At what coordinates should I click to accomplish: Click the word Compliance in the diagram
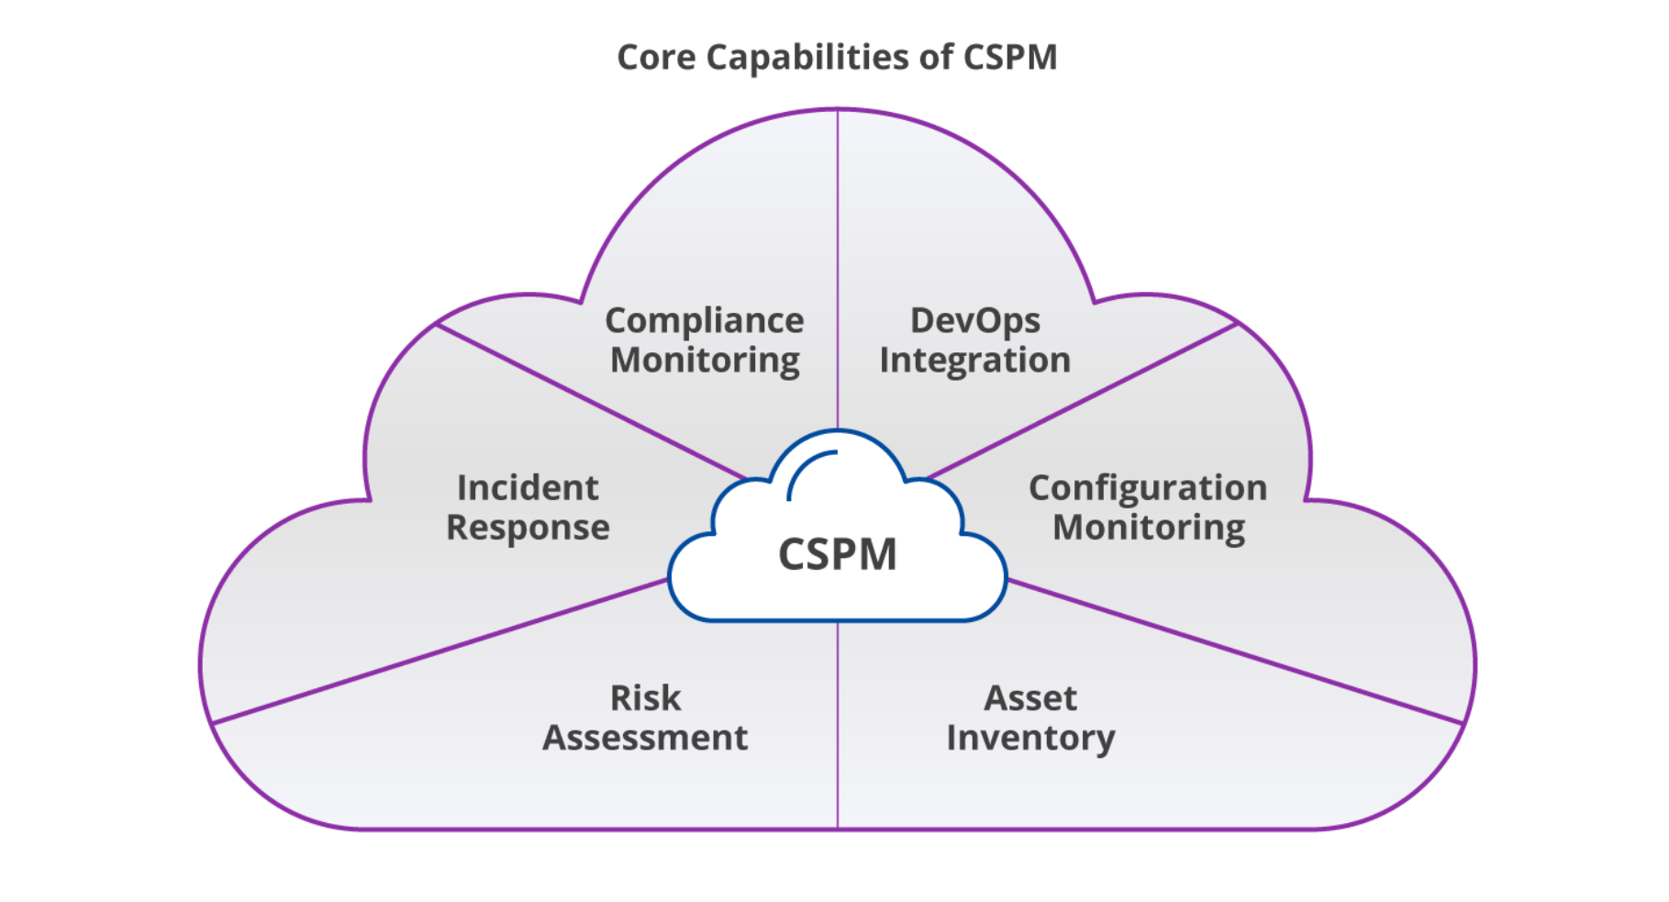[704, 321]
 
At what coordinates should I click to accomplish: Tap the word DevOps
[974, 321]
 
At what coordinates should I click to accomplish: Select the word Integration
[974, 361]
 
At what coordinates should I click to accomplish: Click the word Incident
[528, 488]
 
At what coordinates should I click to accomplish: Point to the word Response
[528, 529]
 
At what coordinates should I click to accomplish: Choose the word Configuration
[1148, 488]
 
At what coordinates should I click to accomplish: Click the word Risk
[645, 698]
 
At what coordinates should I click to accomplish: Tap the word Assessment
[645, 738]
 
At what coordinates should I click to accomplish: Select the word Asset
[1030, 698]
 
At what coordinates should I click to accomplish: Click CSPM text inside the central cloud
[837, 555]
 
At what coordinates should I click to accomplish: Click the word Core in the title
[655, 58]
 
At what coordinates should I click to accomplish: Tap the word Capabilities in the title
[807, 58]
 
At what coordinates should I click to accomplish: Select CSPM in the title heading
[1009, 58]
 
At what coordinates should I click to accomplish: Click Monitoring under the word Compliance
[705, 361]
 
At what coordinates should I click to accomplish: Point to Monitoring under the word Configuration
[1149, 529]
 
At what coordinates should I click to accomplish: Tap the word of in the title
[935, 58]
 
